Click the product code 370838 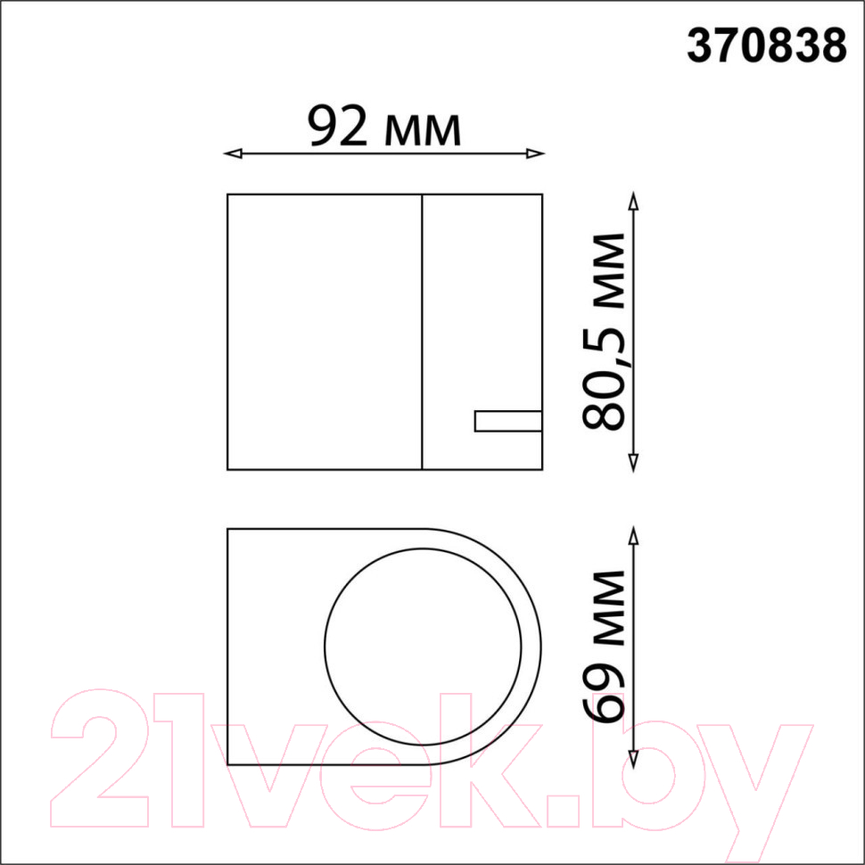click(766, 46)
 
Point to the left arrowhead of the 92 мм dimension click(233, 153)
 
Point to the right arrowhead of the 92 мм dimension click(535, 153)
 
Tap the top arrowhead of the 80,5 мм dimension click(633, 202)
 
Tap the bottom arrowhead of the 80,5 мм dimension click(633, 463)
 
